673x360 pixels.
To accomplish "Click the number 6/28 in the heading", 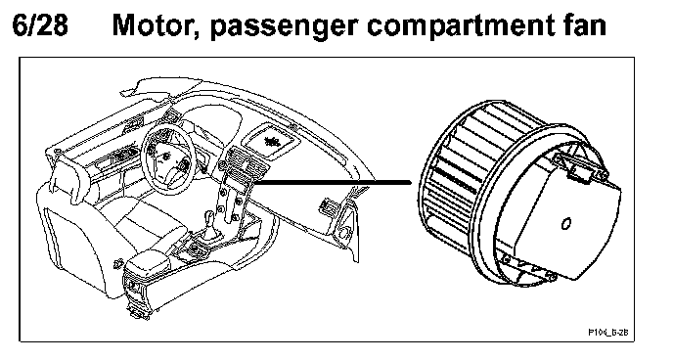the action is pos(40,24).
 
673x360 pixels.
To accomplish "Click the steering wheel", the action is pos(168,159).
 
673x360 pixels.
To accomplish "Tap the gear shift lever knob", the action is pos(208,216).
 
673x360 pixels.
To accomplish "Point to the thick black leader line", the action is pos(333,182).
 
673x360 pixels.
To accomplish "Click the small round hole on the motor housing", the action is pos(566,224).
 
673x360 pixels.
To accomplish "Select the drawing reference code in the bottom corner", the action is pos(610,333).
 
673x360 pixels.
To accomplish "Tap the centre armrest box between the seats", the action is pos(147,261).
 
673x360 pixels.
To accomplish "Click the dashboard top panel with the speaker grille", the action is pos(270,141).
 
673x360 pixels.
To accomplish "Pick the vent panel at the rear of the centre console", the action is pos(134,287).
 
